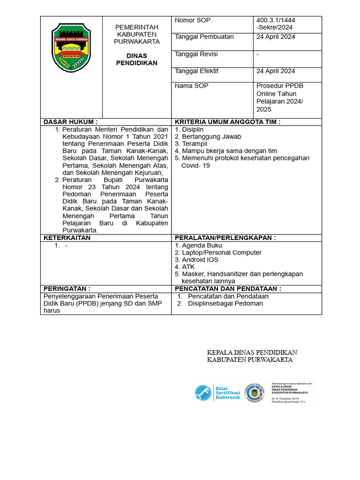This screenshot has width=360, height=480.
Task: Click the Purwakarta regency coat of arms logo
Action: coord(71,48)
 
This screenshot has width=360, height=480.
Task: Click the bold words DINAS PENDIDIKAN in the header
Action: coord(137,60)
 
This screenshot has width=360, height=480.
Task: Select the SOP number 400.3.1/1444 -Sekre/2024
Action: coord(276,24)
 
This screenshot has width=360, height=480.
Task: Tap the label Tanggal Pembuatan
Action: coord(204,37)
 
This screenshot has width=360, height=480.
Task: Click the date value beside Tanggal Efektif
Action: coord(276,71)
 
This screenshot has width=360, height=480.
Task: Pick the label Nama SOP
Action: coord(191,86)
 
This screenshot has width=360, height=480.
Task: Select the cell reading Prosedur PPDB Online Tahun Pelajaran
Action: coord(280,97)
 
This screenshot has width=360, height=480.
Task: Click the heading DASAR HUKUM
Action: coord(71,122)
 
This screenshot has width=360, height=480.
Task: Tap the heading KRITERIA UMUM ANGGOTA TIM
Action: coord(227,122)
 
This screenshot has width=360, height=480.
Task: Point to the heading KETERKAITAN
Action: coord(67,238)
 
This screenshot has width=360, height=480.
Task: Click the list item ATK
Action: coord(188,267)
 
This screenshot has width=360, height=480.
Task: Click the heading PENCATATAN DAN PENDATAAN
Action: coord(228,289)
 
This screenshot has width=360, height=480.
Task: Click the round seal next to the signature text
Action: coord(255,392)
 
